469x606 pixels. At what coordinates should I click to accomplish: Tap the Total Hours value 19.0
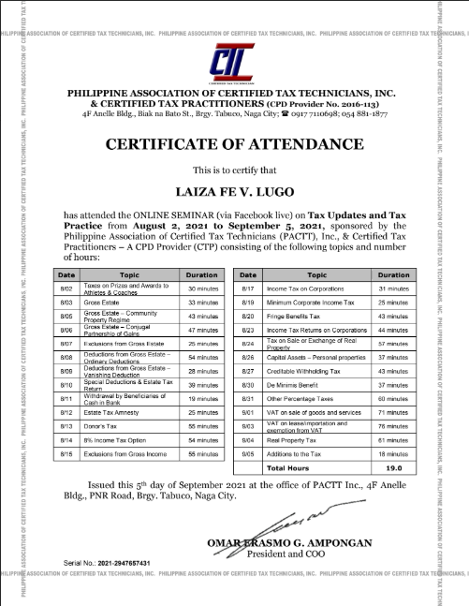tap(393, 466)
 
